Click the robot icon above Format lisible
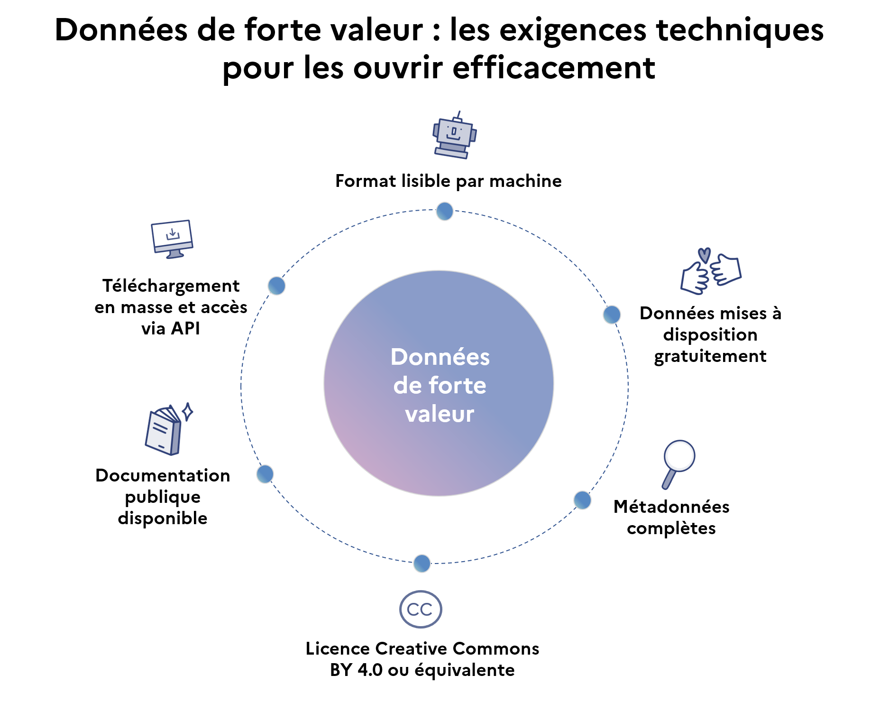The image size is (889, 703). pyautogui.click(x=454, y=136)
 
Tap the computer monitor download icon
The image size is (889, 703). pyautogui.click(x=172, y=239)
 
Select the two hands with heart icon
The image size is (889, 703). pyautogui.click(x=710, y=271)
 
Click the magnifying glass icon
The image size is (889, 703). pyautogui.click(x=678, y=462)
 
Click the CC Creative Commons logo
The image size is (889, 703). pyautogui.click(x=421, y=609)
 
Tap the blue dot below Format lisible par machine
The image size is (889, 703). pyautogui.click(x=445, y=211)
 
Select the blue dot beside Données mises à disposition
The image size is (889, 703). pyautogui.click(x=612, y=314)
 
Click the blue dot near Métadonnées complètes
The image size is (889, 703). pyautogui.click(x=582, y=500)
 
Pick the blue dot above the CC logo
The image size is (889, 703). pyautogui.click(x=422, y=563)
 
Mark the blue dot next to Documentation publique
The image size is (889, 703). pyautogui.click(x=265, y=473)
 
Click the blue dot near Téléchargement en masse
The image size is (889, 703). pyautogui.click(x=276, y=286)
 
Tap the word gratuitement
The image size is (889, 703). pyautogui.click(x=710, y=356)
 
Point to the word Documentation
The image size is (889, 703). pyautogui.click(x=163, y=475)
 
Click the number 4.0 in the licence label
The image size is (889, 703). pyautogui.click(x=370, y=670)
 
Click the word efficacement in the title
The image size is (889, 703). pyautogui.click(x=554, y=68)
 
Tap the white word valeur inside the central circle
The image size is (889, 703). pyautogui.click(x=440, y=414)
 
